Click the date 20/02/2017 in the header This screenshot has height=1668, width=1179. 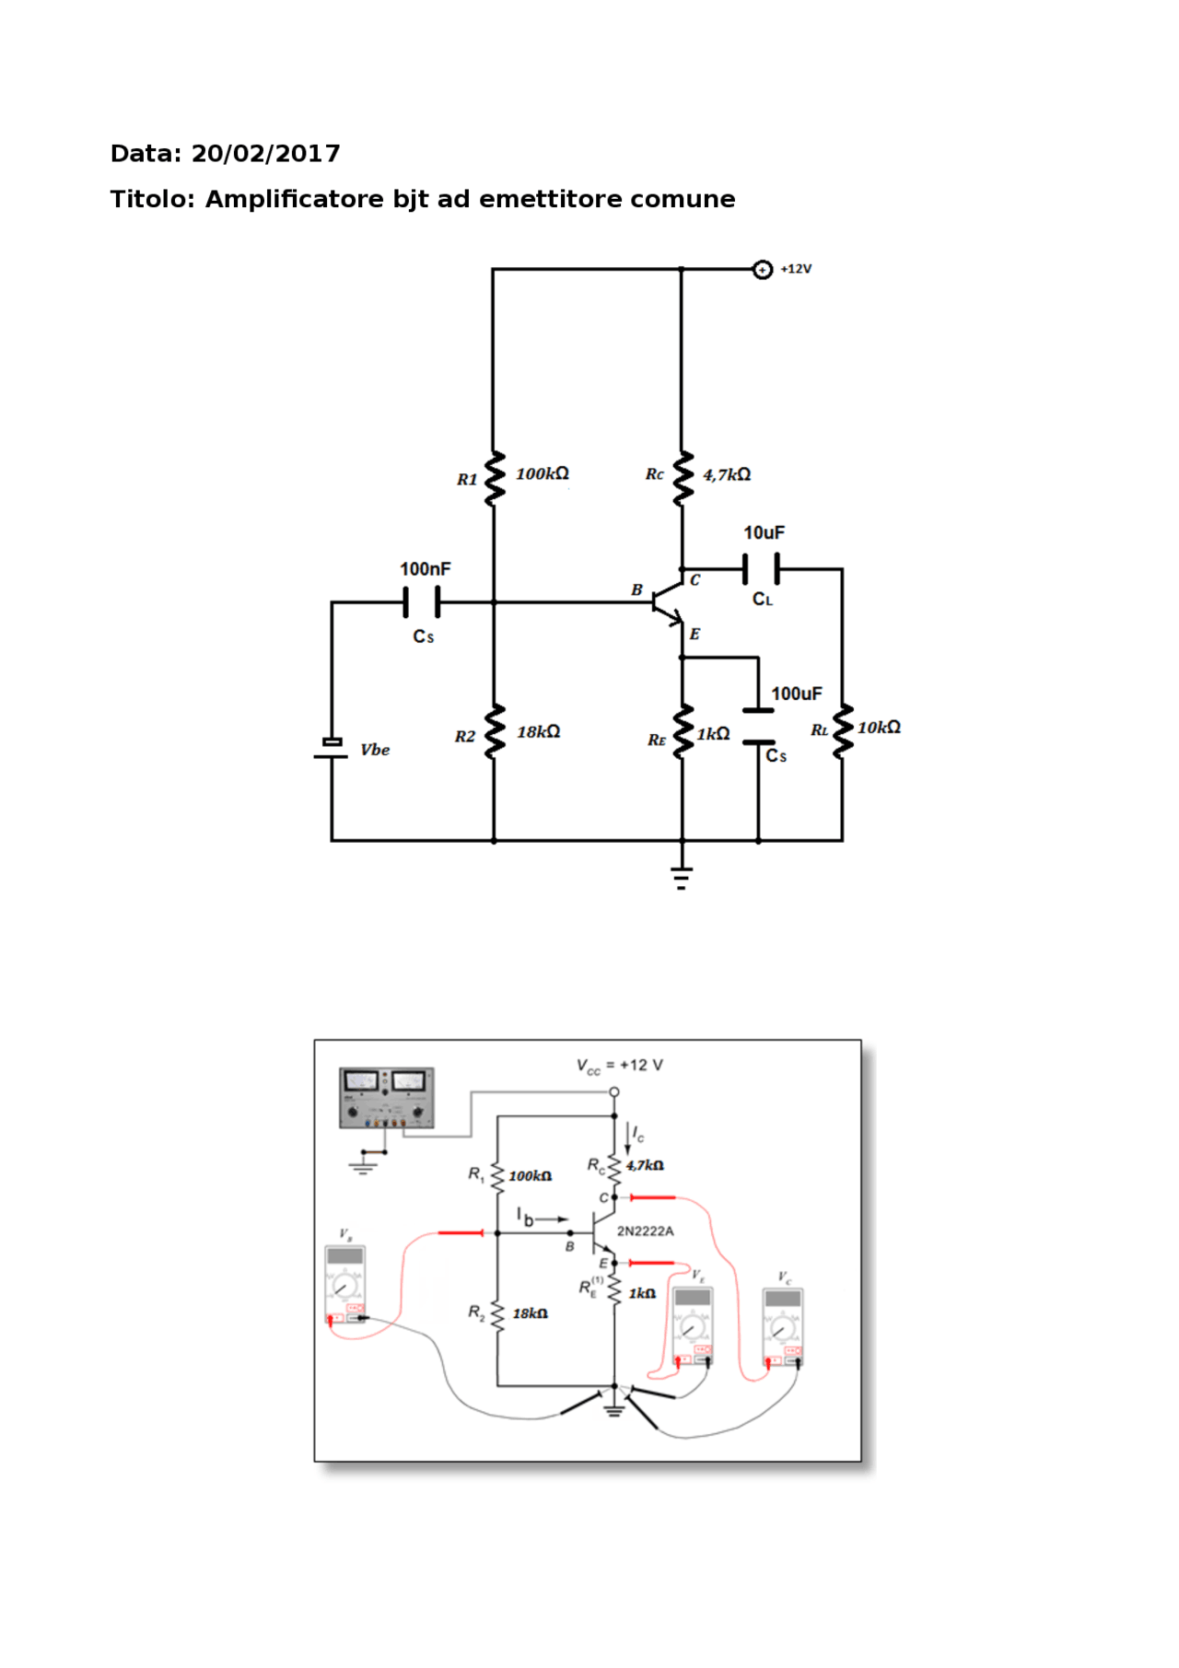[x=265, y=154]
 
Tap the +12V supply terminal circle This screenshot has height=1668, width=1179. [x=762, y=270]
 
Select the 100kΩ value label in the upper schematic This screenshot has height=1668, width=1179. [x=542, y=473]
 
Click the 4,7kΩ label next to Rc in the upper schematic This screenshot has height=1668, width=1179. [x=727, y=474]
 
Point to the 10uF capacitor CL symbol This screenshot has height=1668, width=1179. [x=761, y=569]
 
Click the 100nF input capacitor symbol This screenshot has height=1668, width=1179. [x=422, y=601]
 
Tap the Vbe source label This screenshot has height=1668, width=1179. [x=375, y=750]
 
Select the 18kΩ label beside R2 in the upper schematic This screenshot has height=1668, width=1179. [x=538, y=731]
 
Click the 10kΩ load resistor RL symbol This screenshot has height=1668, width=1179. [x=842, y=732]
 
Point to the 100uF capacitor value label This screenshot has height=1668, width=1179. [x=796, y=694]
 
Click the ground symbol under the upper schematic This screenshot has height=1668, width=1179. [x=682, y=877]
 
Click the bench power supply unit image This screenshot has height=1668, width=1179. [x=386, y=1098]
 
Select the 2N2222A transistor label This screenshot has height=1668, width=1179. [x=645, y=1231]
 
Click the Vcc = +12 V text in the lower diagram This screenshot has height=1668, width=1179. [x=619, y=1066]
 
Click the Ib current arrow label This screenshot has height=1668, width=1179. [x=525, y=1218]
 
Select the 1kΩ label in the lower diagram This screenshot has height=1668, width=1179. [x=642, y=1293]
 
